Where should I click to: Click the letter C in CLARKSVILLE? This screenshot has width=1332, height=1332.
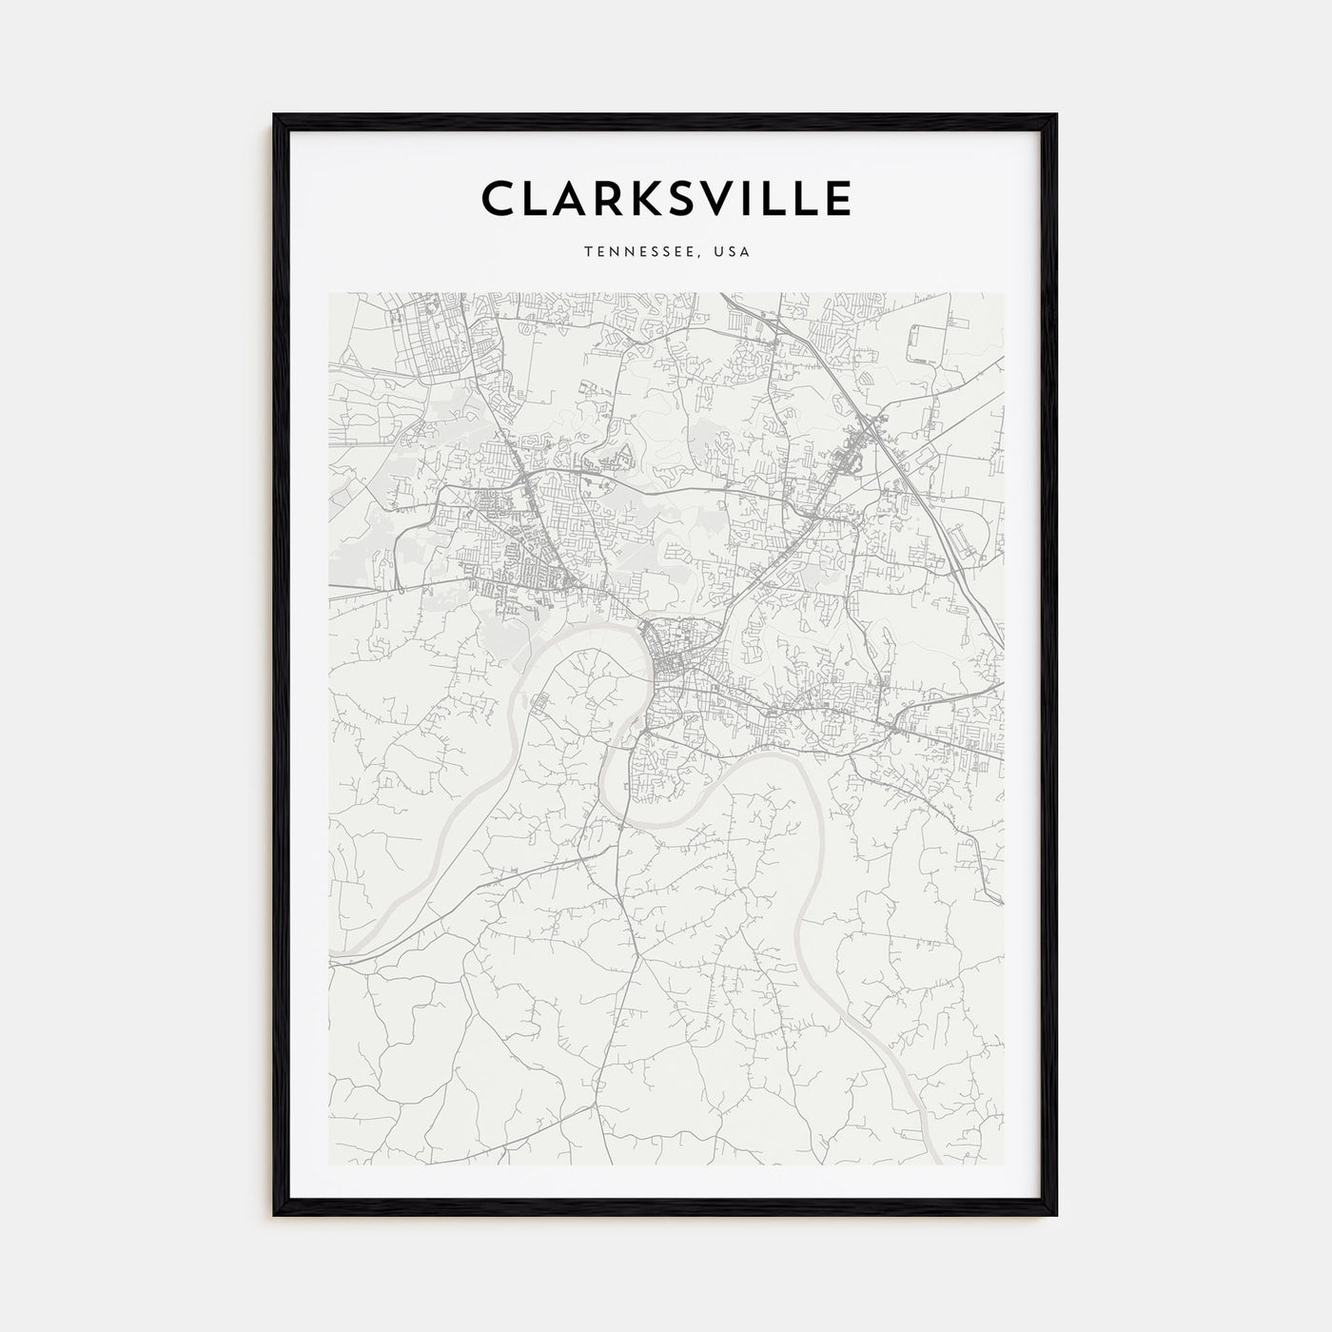[x=501, y=199]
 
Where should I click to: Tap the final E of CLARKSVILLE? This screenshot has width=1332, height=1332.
[x=838, y=199]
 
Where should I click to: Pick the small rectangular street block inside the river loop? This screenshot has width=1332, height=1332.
[x=541, y=703]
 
